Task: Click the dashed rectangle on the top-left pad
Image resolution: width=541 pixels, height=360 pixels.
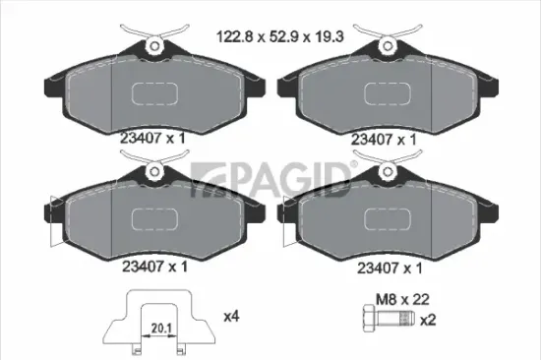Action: (x=156, y=92)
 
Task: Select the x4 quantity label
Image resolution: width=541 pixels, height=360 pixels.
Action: (x=231, y=317)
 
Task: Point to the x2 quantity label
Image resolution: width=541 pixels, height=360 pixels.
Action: (x=428, y=321)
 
